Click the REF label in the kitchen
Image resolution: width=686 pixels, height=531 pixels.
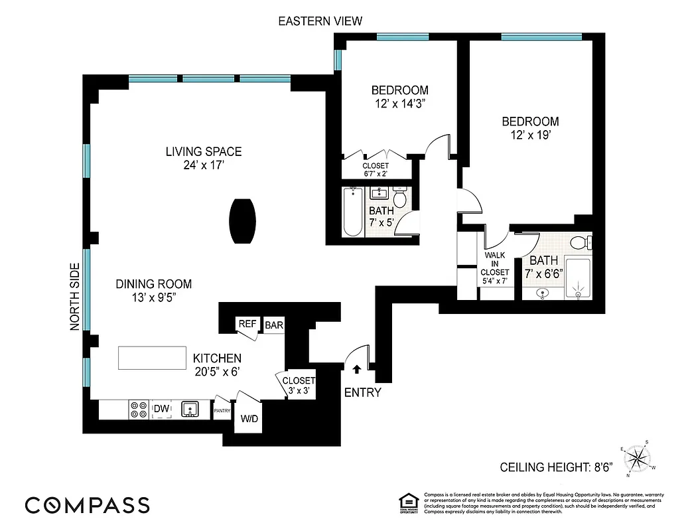click(247, 324)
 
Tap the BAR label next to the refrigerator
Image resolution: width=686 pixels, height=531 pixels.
click(274, 325)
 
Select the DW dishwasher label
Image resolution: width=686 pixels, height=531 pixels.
click(161, 408)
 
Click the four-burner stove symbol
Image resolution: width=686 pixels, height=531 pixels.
click(139, 410)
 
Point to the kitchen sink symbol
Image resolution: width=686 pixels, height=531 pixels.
click(190, 410)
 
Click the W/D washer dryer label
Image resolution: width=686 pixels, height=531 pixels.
click(249, 419)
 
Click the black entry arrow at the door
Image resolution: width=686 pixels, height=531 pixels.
click(356, 368)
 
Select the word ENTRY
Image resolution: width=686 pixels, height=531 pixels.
click(362, 392)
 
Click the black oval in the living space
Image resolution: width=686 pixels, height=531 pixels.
click(241, 221)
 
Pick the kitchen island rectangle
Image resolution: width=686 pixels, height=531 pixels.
click(152, 358)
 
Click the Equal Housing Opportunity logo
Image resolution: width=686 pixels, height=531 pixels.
click(407, 502)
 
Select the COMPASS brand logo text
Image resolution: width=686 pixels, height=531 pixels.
click(87, 504)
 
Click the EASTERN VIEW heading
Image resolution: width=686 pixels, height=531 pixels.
click(320, 21)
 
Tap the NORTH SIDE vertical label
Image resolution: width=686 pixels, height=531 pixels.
click(74, 297)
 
